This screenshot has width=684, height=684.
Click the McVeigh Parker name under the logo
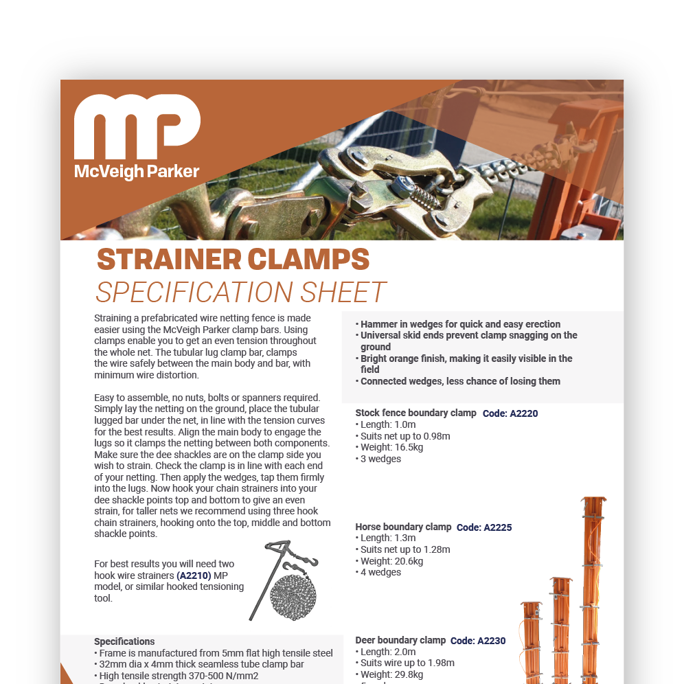coord(137,171)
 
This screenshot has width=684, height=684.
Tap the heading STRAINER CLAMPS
coord(233,260)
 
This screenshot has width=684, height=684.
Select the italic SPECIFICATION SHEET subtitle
coord(240,293)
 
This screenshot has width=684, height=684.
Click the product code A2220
coord(510,413)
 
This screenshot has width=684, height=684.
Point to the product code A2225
coord(484,527)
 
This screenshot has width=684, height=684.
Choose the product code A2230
coord(478,641)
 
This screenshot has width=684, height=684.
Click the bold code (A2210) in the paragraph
coord(194,575)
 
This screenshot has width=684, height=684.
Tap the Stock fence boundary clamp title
coord(415,413)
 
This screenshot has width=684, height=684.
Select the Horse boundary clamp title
coord(403,527)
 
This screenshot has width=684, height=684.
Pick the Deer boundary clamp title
coord(400,640)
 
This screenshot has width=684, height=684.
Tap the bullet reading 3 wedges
coord(380,459)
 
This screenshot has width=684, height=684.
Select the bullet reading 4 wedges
coord(380,572)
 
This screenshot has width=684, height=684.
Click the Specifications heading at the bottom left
coord(124,641)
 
